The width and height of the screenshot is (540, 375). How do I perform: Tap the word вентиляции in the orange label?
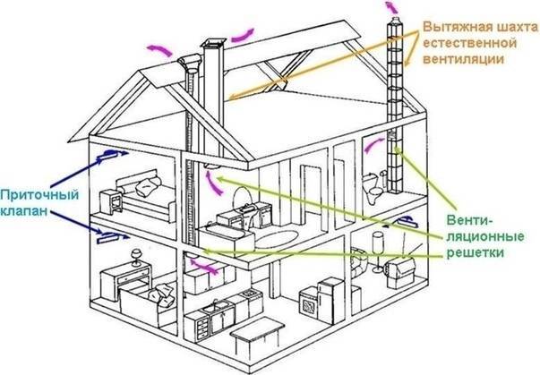click(x=463, y=59)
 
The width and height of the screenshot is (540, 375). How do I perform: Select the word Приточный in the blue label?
click(x=39, y=195)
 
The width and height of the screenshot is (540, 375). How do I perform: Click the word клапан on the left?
click(x=23, y=210)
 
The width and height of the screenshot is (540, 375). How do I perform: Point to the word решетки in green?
click(x=475, y=252)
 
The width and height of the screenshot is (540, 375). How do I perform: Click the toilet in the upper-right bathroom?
click(x=373, y=187)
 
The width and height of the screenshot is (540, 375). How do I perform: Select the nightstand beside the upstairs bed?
click(x=111, y=203)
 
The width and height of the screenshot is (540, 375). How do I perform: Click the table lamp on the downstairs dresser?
click(x=136, y=257)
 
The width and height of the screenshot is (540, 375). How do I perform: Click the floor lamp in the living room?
click(x=378, y=251)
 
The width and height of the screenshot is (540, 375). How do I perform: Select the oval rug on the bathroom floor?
click(x=278, y=239)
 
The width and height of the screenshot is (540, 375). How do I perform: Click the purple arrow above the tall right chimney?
click(x=390, y=6)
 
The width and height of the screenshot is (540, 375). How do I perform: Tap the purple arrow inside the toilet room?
click(x=374, y=146)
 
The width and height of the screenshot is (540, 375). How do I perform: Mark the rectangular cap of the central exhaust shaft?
click(x=213, y=43)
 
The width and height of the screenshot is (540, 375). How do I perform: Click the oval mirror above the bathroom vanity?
click(x=241, y=198)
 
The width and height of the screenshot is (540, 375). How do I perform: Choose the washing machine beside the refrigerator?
click(x=309, y=303)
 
